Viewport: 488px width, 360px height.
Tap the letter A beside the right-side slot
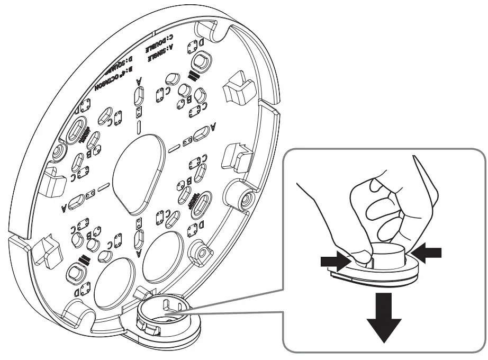click(213, 127)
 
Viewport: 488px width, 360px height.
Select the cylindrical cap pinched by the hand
click(386, 253)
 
